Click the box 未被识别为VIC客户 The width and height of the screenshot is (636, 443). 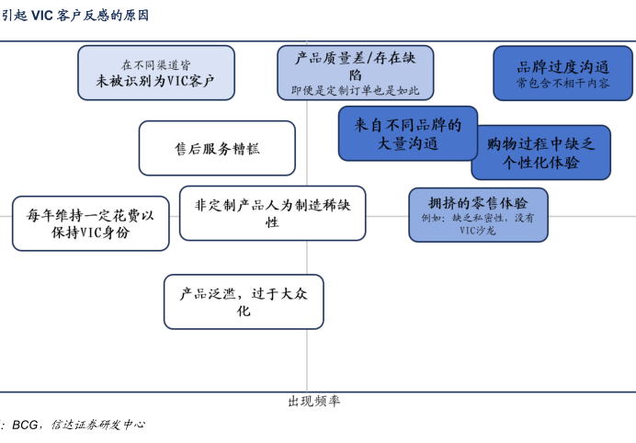[155, 73]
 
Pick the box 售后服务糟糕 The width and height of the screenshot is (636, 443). [217, 148]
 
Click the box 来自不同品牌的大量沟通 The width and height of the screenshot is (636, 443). [407, 133]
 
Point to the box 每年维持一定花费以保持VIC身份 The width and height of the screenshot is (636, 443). [90, 223]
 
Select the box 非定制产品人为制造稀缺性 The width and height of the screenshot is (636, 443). [272, 213]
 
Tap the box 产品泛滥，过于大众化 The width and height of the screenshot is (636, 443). [244, 301]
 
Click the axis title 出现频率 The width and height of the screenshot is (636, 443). [313, 402]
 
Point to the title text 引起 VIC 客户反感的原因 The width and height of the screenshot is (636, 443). [74, 16]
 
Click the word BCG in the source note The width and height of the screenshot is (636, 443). [25, 425]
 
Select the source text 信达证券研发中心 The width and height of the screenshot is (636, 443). [97, 425]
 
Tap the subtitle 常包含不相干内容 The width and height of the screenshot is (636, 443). [562, 83]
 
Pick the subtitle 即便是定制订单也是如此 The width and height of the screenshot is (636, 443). [355, 90]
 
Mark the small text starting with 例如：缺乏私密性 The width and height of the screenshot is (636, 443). [478, 218]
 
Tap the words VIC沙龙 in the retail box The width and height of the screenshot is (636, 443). [478, 231]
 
